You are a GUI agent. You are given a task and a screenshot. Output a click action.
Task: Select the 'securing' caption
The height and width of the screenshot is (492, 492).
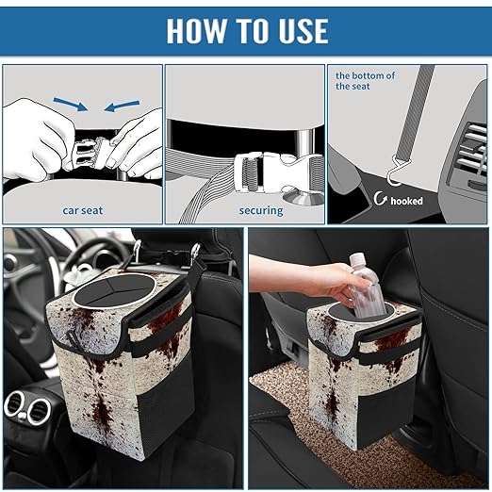pos(261,211)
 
